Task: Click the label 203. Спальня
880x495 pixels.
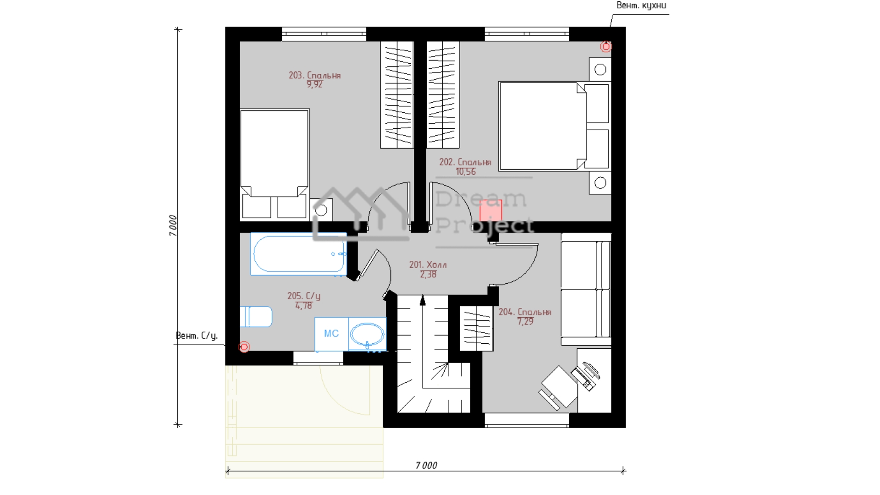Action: click(314, 75)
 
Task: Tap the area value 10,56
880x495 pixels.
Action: click(466, 172)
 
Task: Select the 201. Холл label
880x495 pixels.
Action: click(428, 265)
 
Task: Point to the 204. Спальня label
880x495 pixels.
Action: click(525, 312)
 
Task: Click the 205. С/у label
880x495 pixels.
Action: click(304, 296)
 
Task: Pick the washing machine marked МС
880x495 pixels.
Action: click(331, 334)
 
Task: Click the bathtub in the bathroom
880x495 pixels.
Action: click(298, 254)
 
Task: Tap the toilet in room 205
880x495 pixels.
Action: click(256, 316)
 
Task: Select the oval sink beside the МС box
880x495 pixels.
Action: click(367, 334)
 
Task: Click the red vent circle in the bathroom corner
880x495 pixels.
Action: click(244, 346)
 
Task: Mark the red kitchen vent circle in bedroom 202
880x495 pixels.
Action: click(606, 46)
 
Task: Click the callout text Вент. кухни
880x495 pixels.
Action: click(641, 5)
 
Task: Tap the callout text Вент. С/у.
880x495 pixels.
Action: click(197, 335)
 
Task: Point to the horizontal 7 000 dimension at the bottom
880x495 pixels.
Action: click(426, 466)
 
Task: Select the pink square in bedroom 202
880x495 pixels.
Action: click(491, 211)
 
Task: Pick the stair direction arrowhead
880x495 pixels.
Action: click(423, 300)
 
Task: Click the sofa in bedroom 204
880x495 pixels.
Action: click(586, 289)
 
